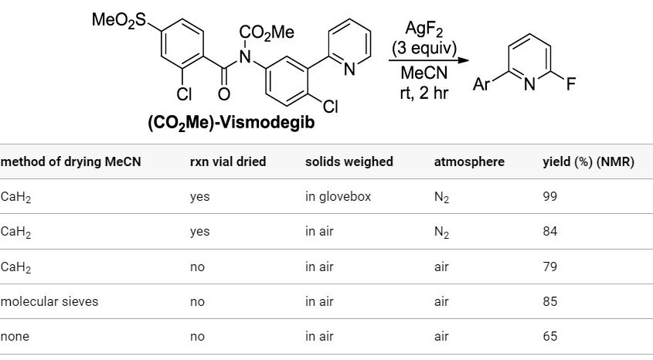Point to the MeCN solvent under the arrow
(423, 74)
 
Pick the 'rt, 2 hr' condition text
(422, 93)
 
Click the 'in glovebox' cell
(338, 197)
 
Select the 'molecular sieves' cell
(49, 301)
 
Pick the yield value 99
(550, 197)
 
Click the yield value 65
(550, 336)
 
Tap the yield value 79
(550, 267)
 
